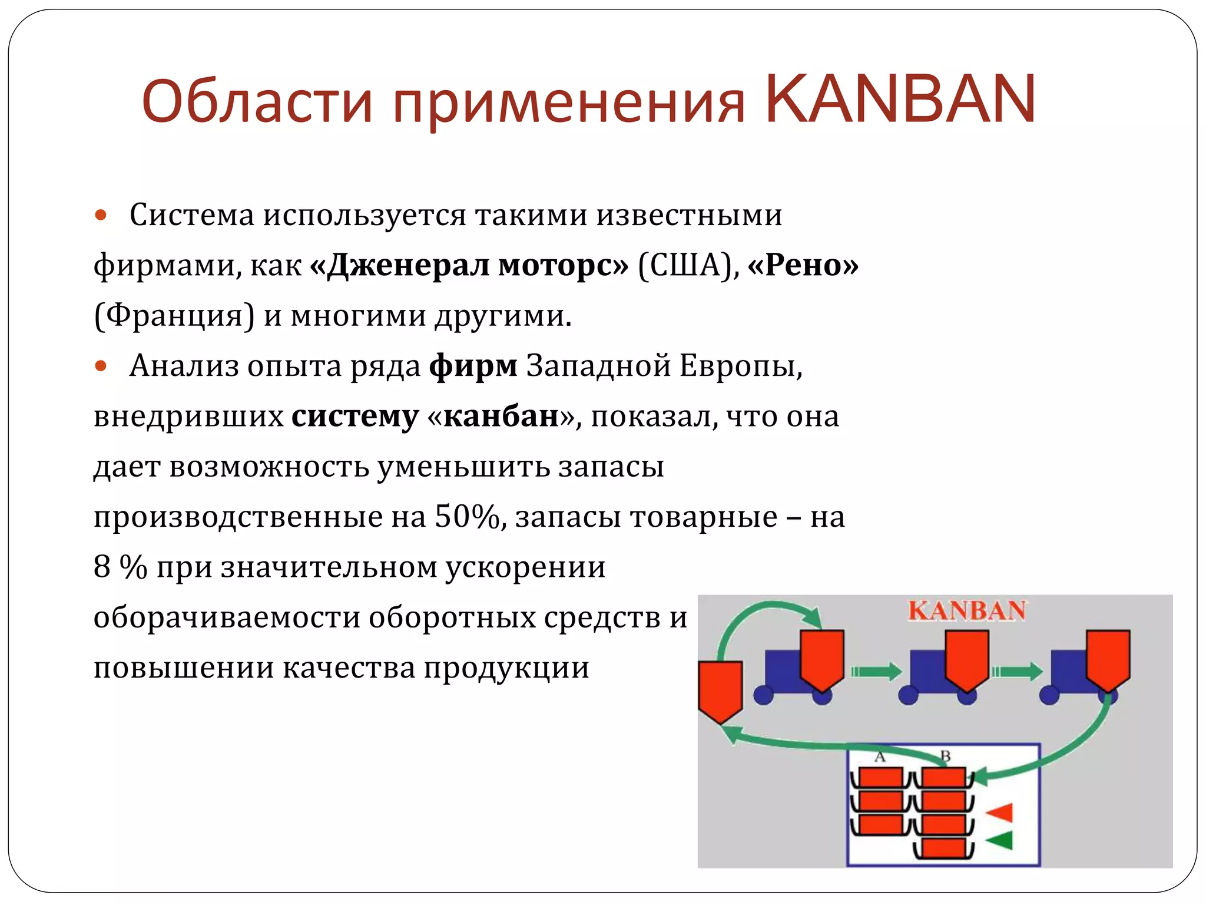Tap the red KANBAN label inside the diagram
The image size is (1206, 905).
click(966, 610)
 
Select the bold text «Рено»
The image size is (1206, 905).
click(803, 265)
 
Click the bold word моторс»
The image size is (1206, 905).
click(563, 265)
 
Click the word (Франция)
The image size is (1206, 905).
click(174, 316)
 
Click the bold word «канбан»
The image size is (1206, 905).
click(501, 417)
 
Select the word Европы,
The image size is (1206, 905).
click(741, 366)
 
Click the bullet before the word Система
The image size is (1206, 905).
click(101, 215)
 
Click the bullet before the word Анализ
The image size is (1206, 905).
click(101, 366)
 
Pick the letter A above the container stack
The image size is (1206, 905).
click(880, 757)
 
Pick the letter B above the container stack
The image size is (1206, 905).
click(945, 756)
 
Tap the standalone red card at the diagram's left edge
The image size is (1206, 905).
click(720, 689)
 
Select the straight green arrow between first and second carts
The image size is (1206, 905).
click(876, 671)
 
